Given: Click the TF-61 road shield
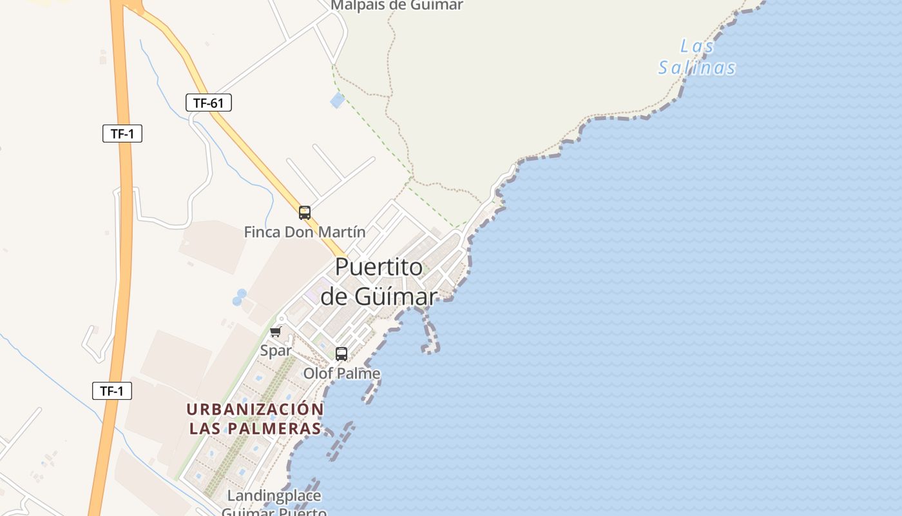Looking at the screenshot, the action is (209, 103).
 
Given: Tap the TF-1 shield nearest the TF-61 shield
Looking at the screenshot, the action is (122, 134).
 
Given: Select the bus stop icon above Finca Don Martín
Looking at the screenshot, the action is (305, 213).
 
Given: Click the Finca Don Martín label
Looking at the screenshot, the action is (305, 232).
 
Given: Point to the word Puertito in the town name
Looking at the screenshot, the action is (379, 267).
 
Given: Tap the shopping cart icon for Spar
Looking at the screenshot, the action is (276, 332).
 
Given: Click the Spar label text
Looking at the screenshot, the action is (276, 351).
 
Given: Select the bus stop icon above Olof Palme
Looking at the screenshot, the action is (341, 354).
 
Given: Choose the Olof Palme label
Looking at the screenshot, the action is (341, 373).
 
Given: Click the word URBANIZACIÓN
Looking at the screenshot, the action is (255, 410).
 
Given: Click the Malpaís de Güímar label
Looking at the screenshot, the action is (397, 5).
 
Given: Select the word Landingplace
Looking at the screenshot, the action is (274, 496).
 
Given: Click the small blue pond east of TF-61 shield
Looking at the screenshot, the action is (337, 100).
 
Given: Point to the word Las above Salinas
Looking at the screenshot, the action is (697, 46).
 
